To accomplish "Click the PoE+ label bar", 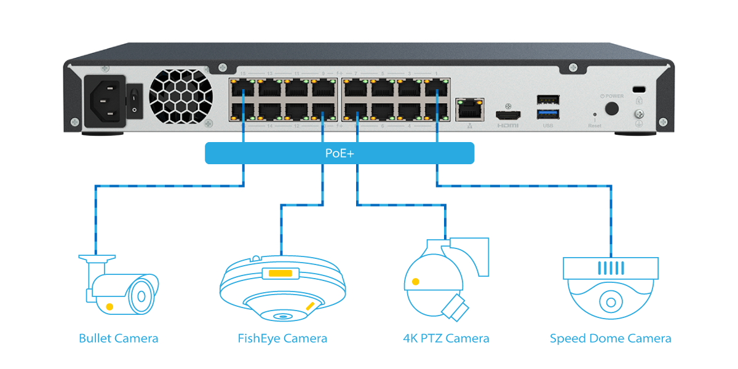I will pyautogui.click(x=339, y=153).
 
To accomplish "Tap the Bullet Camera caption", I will pyautogui.click(x=119, y=338).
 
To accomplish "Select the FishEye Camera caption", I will pyautogui.click(x=282, y=338).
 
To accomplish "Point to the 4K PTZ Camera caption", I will pyautogui.click(x=446, y=338).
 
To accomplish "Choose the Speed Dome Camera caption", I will pyautogui.click(x=610, y=338).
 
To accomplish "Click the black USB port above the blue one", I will pyautogui.click(x=548, y=99).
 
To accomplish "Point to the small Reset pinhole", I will pyautogui.click(x=594, y=114).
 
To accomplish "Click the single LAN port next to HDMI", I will pyautogui.click(x=469, y=109).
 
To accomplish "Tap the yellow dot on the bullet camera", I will pyautogui.click(x=109, y=306).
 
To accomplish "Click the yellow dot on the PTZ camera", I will pyautogui.click(x=416, y=282).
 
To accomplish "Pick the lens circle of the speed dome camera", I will pyautogui.click(x=611, y=302).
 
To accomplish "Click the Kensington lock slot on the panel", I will pyautogui.click(x=638, y=88).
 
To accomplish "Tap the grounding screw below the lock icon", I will pyautogui.click(x=638, y=115).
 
